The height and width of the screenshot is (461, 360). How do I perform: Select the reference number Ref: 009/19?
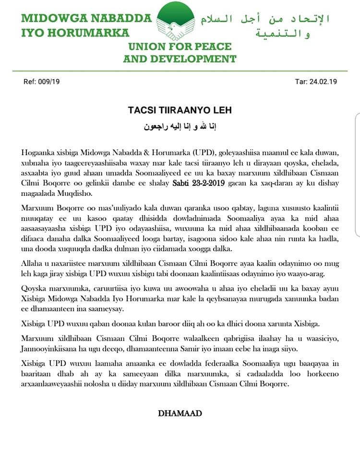(41, 82)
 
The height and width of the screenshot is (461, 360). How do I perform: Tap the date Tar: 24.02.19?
(316, 82)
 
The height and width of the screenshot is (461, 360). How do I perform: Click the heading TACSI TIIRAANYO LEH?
(180, 110)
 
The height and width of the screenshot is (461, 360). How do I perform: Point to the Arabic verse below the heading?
(180, 127)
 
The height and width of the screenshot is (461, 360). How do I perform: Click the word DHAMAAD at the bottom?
(180, 413)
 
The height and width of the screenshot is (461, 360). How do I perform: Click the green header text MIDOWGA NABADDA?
(86, 19)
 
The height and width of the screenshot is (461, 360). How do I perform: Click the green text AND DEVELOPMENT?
(180, 59)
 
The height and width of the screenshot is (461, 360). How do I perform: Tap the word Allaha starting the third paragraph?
(33, 265)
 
